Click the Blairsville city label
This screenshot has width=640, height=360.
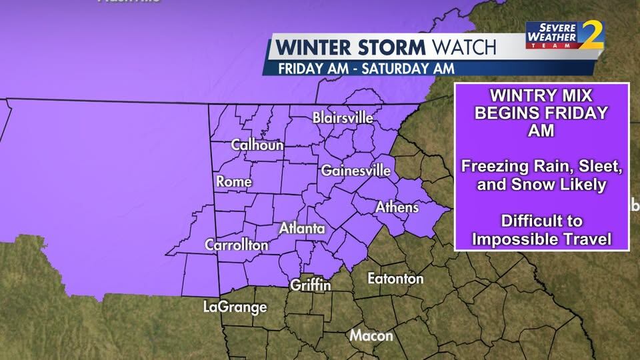tap(343, 118)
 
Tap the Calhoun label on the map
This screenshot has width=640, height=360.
tap(257, 145)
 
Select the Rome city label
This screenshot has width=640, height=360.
tap(234, 181)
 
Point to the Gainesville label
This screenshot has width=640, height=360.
tap(355, 171)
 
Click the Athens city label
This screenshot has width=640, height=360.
tap(397, 207)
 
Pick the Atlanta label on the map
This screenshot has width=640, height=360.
tap(302, 229)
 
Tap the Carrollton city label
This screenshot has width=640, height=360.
tap(237, 245)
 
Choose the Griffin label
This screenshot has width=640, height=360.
tap(311, 285)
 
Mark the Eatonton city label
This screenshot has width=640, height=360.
tap(395, 278)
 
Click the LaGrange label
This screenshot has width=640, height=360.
tap(235, 307)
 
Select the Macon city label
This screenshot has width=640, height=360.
tap(371, 335)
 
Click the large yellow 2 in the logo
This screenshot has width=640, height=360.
tap(590, 35)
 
